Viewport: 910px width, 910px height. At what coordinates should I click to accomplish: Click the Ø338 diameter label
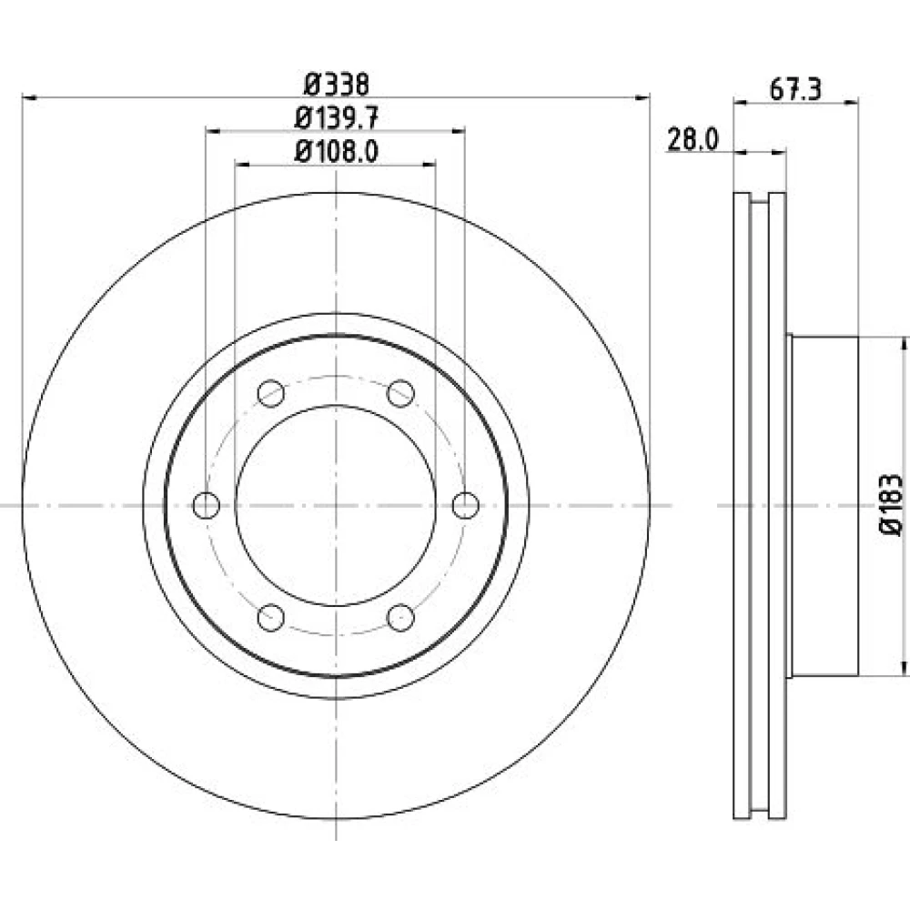(x=337, y=86)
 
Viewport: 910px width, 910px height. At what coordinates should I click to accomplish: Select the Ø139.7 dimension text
(x=337, y=118)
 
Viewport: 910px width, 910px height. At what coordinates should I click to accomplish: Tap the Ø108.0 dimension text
(x=337, y=152)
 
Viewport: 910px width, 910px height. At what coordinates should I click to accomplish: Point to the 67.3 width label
(x=795, y=90)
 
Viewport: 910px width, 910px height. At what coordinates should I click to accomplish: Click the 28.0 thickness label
(x=693, y=140)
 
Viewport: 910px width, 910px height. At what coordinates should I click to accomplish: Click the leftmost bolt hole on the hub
(x=206, y=505)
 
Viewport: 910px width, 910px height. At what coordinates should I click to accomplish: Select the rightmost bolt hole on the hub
(x=465, y=505)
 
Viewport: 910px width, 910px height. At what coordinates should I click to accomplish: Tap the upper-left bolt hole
(x=271, y=393)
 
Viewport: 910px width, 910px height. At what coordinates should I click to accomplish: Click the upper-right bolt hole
(x=400, y=393)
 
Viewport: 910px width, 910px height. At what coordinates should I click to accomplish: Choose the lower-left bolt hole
(x=271, y=618)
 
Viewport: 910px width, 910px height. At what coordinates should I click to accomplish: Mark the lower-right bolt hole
(x=400, y=618)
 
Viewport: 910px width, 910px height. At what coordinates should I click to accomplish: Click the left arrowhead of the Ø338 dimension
(x=29, y=98)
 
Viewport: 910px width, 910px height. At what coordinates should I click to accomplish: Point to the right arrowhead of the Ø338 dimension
(x=642, y=98)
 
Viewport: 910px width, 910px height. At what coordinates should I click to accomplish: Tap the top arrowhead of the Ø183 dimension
(x=903, y=344)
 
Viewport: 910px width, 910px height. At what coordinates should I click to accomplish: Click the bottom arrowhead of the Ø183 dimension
(x=903, y=669)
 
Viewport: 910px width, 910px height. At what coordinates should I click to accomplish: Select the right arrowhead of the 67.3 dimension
(x=852, y=103)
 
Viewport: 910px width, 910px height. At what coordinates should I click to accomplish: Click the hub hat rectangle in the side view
(x=824, y=506)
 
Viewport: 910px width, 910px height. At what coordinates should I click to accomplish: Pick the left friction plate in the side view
(x=742, y=505)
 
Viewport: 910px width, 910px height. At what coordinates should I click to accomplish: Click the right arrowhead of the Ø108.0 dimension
(x=429, y=165)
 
